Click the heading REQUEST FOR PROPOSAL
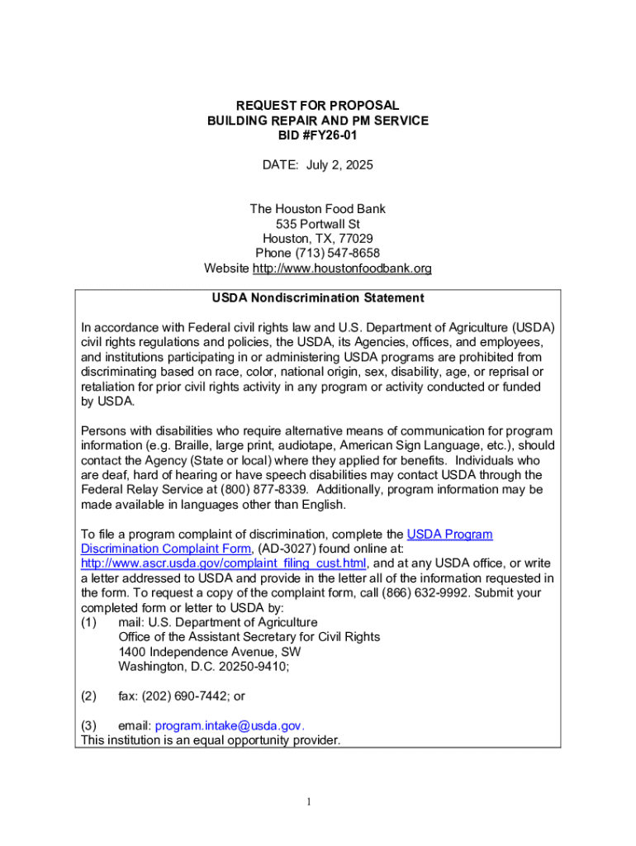pos(318,106)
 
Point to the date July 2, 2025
pos(339,165)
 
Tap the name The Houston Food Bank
pos(318,209)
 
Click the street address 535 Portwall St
pos(318,224)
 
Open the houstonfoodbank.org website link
pos(342,269)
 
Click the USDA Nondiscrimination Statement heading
pos(318,297)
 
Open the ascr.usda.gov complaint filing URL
pos(223,563)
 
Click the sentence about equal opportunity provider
pos(210,740)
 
